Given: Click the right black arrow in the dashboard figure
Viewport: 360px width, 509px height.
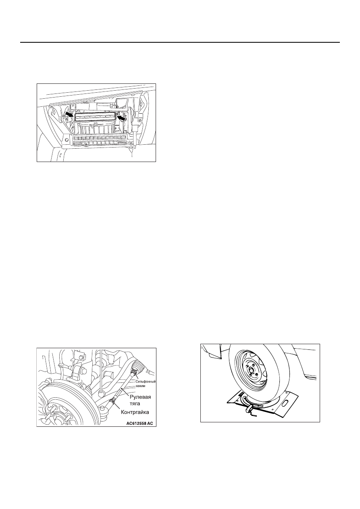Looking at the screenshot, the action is coord(122,118).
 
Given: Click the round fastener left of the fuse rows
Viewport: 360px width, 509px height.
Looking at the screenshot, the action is coord(67,139).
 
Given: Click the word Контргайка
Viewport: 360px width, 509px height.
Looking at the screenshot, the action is coord(135,412).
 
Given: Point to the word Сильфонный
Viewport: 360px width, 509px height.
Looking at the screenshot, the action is coord(146,382).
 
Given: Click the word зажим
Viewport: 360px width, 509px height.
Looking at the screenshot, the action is coord(140,386).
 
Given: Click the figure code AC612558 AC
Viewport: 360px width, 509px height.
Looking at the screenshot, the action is coord(139,423).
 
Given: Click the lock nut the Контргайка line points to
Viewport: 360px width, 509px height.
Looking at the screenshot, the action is coord(113,402).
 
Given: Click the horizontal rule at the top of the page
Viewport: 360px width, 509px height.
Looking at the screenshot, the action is coord(180,42).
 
